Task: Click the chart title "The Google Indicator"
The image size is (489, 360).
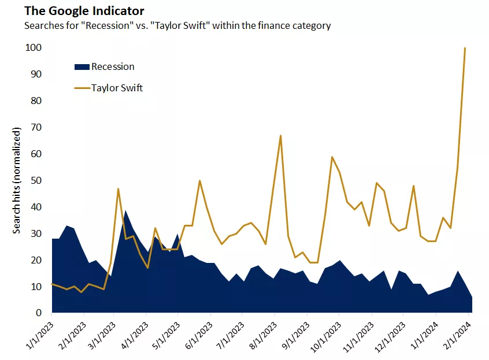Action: [76, 11]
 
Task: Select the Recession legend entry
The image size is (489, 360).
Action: [113, 66]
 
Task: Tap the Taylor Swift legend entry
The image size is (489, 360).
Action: [117, 88]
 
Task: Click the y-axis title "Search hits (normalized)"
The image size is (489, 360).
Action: [17, 181]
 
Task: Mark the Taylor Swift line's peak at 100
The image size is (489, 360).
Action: [465, 48]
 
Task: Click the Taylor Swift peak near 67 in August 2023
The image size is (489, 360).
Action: [280, 136]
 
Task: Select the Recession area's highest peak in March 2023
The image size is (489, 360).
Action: [125, 211]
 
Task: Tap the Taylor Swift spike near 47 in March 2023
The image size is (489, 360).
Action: [118, 188]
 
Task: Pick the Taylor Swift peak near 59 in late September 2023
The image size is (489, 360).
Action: [332, 157]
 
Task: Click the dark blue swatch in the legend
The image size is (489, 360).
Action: [82, 66]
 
